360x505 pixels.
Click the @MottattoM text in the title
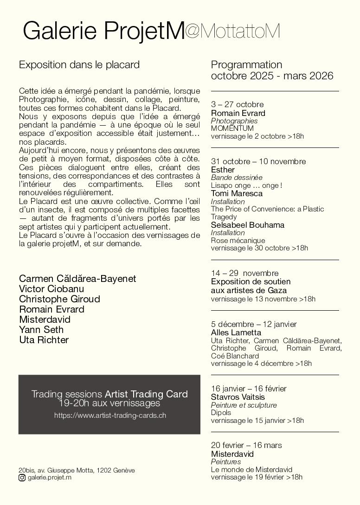(232, 31)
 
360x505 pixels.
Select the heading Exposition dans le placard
(79, 65)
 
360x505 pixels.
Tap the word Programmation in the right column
(246, 64)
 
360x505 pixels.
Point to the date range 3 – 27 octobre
(237, 104)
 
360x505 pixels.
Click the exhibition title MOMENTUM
(232, 128)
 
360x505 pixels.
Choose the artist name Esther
(223, 170)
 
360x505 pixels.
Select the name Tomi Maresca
(237, 193)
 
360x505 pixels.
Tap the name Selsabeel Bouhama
(248, 225)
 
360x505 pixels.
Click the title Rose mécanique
(238, 240)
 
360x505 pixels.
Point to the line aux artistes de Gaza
(249, 290)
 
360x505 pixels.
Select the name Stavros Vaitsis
(238, 397)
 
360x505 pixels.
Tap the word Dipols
(221, 413)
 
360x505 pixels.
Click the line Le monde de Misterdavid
(251, 469)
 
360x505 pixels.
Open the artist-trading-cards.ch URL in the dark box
(110, 416)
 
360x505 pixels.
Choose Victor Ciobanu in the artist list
(51, 289)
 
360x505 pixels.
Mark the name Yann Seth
(41, 330)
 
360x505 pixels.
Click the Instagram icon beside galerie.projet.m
(22, 478)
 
